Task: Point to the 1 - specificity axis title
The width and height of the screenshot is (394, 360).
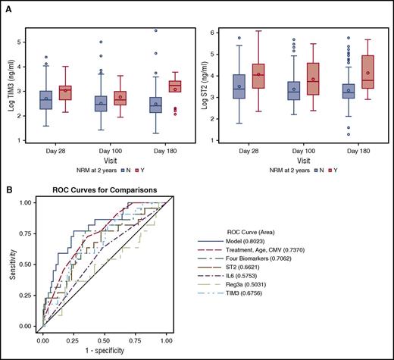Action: coord(113,353)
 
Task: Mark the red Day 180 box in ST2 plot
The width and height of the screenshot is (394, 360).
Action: coord(368,72)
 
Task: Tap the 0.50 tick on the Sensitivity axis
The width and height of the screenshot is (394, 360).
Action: coord(28,264)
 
